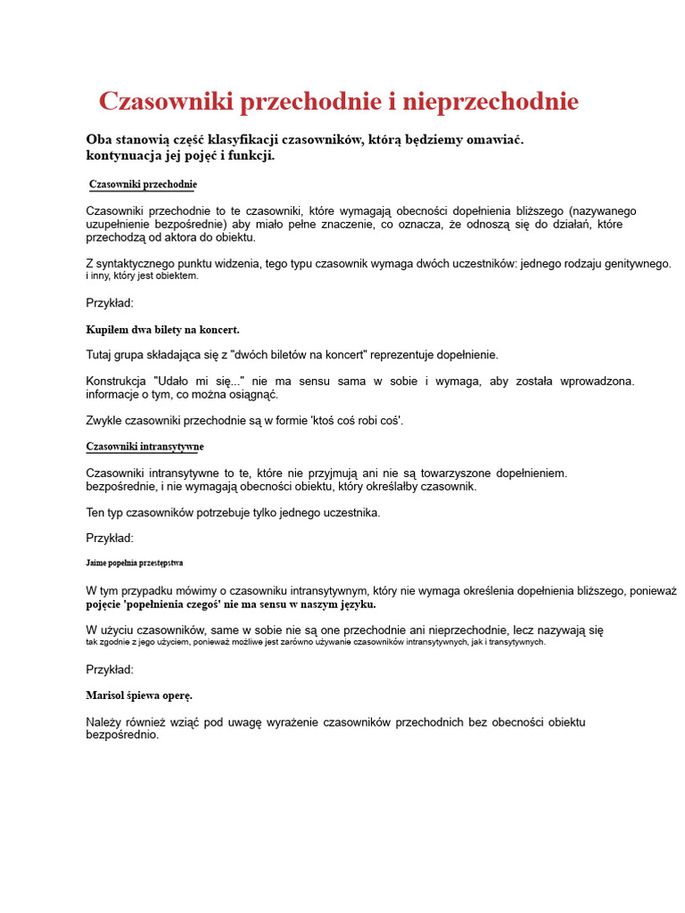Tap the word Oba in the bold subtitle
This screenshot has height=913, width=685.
coord(99,140)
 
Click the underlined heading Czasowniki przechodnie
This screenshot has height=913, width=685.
coord(143,185)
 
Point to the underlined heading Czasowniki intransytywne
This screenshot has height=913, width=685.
coord(144,446)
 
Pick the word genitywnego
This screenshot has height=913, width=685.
coord(631,264)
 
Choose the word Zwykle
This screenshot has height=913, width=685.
coord(104,420)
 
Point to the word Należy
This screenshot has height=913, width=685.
coord(104,721)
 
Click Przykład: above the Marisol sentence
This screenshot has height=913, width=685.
coord(110,669)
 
